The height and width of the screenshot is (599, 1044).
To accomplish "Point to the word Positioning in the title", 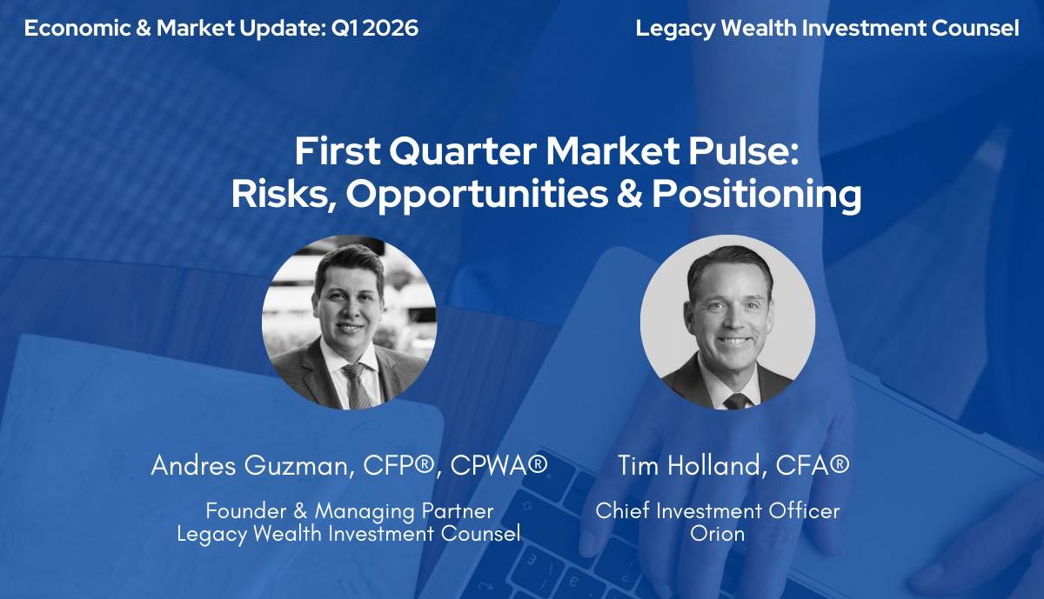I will click(757, 195).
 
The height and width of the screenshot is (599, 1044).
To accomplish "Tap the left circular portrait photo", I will click(349, 322).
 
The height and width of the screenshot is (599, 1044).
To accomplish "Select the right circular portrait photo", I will click(727, 322).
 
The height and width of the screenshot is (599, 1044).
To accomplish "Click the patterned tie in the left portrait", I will click(355, 386).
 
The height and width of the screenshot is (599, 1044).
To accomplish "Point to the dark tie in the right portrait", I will click(737, 400).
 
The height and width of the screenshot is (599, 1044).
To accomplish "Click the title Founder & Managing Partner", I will click(349, 511).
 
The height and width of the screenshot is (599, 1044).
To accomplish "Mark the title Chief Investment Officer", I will click(717, 511).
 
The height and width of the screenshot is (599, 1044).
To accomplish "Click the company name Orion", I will click(717, 533).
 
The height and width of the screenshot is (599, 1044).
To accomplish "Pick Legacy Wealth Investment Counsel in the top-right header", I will click(826, 29).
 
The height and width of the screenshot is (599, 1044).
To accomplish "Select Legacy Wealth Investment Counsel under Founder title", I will click(349, 533).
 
